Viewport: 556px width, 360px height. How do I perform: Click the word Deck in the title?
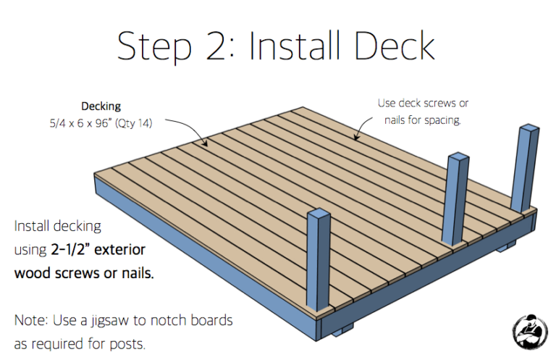coord(394,46)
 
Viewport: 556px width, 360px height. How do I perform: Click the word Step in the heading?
coord(154,49)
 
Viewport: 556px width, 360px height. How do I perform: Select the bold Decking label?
coord(101,106)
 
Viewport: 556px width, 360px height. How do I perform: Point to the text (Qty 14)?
coord(134,123)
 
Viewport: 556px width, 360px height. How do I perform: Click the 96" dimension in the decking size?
coord(104,122)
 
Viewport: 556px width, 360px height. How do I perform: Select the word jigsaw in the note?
coord(110,321)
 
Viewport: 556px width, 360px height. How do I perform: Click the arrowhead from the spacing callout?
coord(356,137)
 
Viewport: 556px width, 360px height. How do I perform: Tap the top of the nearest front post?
coord(319,213)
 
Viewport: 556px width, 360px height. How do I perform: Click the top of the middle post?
coord(458,157)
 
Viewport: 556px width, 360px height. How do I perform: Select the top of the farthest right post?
coord(528,127)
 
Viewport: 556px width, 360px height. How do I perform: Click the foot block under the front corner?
coord(342,330)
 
